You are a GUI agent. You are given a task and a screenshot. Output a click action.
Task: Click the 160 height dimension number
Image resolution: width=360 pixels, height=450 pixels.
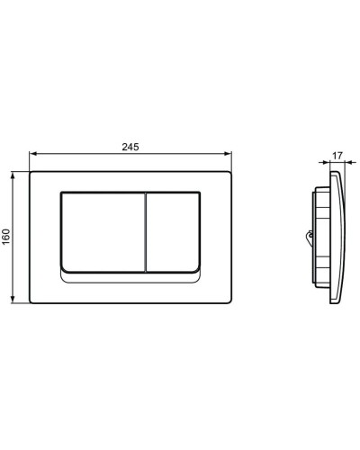[x=7, y=236]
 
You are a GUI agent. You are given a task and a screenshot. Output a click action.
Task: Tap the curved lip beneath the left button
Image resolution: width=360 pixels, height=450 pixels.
[x=99, y=273]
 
